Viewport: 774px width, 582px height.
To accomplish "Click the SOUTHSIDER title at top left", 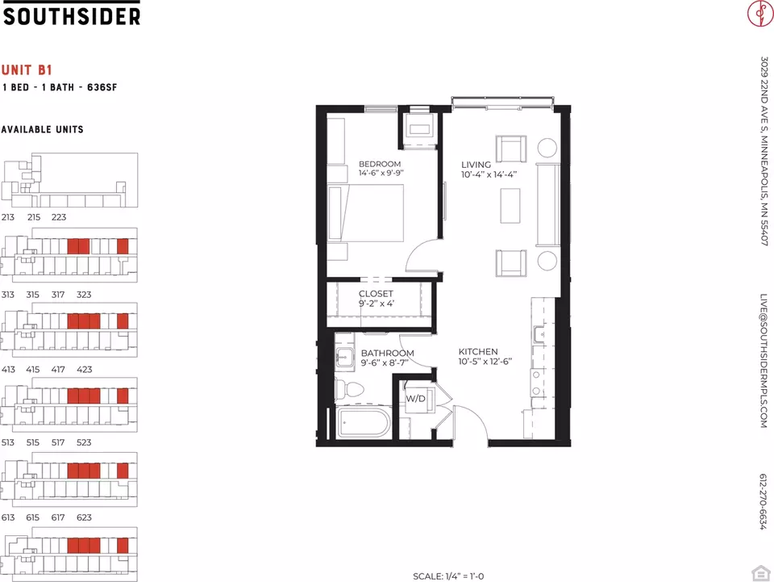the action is (72, 16).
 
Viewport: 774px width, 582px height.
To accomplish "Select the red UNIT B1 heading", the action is (27, 70).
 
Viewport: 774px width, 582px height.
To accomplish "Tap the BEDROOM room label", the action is (380, 164).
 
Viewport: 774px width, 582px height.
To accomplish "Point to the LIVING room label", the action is (476, 165).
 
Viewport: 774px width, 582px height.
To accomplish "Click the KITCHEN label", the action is (478, 352).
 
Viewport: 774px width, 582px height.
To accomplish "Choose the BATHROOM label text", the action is (388, 354).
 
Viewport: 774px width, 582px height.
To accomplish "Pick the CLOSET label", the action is (376, 294).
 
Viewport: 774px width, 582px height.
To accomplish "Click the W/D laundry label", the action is (416, 399).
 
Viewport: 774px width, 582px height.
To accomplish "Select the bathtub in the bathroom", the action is (364, 423).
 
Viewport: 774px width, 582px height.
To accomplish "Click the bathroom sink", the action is (344, 356).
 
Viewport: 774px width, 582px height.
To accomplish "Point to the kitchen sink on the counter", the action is (539, 334).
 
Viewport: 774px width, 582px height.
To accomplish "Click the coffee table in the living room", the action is (510, 205).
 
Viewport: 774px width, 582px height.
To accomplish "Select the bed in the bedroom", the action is (366, 213).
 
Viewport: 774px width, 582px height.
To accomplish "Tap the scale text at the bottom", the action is (448, 576).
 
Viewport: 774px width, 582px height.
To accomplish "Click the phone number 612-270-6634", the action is (764, 502).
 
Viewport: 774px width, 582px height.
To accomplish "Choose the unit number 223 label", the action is (59, 217).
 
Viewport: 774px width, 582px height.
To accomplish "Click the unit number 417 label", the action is (58, 370).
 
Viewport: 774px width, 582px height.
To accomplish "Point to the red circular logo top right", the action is (760, 14).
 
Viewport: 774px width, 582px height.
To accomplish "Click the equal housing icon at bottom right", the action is (760, 573).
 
